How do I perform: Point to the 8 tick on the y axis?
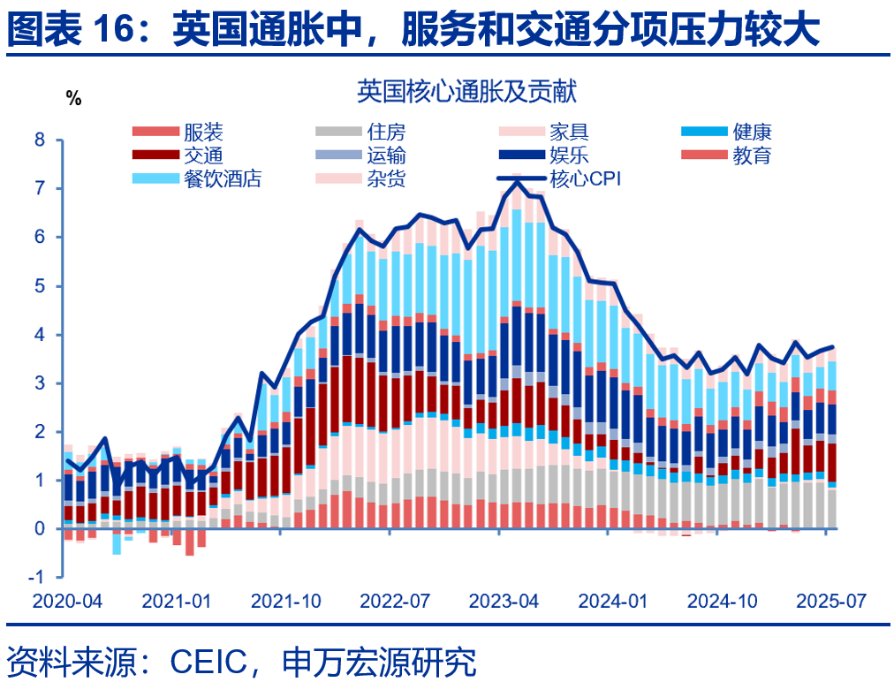(39, 140)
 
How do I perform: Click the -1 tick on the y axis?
(36, 578)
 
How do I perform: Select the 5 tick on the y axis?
(39, 286)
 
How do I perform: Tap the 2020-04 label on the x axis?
(67, 602)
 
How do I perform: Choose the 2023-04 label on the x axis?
(504, 602)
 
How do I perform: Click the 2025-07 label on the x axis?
(831, 602)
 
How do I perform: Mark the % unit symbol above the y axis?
(73, 99)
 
